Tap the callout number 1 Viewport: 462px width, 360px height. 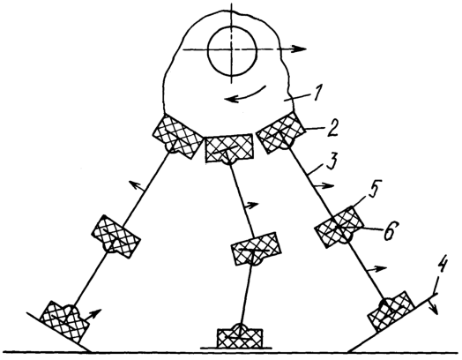(317, 93)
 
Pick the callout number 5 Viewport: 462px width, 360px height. (374, 187)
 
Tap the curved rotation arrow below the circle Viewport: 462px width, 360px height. (246, 95)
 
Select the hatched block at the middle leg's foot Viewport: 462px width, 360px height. (239, 338)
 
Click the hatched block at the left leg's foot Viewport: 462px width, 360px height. (64, 322)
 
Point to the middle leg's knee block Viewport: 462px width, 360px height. (256, 249)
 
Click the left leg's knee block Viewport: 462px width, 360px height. (115, 236)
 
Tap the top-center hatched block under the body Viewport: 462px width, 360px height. (229, 148)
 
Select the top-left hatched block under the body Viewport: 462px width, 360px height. (178, 137)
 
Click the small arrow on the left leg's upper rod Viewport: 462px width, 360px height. (137, 187)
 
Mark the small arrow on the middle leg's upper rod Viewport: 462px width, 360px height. (251, 205)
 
